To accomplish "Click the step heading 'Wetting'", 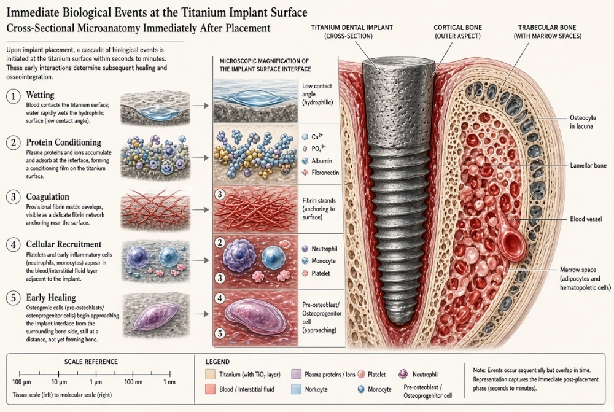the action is tap(40, 95).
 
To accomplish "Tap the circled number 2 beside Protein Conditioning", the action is tap(14, 142).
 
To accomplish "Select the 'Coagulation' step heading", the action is tap(47, 196).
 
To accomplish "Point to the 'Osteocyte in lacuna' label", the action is tap(583, 122).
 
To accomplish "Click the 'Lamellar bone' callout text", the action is tap(588, 165).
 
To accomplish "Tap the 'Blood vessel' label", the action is tap(586, 219).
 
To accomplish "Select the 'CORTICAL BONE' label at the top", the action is tap(457, 28).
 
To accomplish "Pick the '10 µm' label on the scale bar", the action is tap(59, 382).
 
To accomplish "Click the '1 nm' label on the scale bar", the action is tap(169, 382).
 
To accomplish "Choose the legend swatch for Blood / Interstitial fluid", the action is tap(210, 389).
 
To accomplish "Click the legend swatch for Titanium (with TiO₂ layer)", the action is tap(210, 375).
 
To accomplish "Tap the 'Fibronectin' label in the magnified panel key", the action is tap(325, 173).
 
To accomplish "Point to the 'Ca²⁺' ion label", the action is tap(317, 137).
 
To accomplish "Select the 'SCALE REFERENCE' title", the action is tap(91, 362).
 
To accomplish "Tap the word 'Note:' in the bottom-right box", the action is tap(480, 370).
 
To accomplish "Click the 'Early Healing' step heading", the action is tap(51, 297).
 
